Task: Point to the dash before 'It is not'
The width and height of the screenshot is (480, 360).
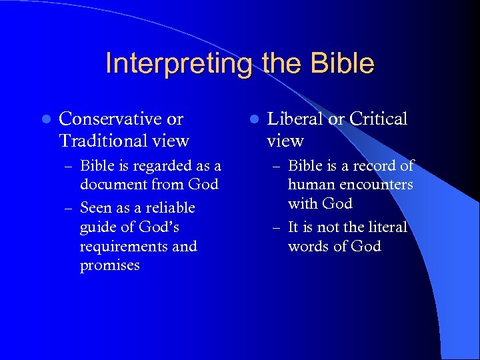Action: pyautogui.click(x=277, y=228)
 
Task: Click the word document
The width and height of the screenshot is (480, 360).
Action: pyautogui.click(x=113, y=184)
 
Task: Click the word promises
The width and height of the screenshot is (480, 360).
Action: pyautogui.click(x=110, y=265)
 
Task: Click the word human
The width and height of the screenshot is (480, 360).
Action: pyautogui.click(x=309, y=185)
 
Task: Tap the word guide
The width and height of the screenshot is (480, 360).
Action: pyautogui.click(x=97, y=227)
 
